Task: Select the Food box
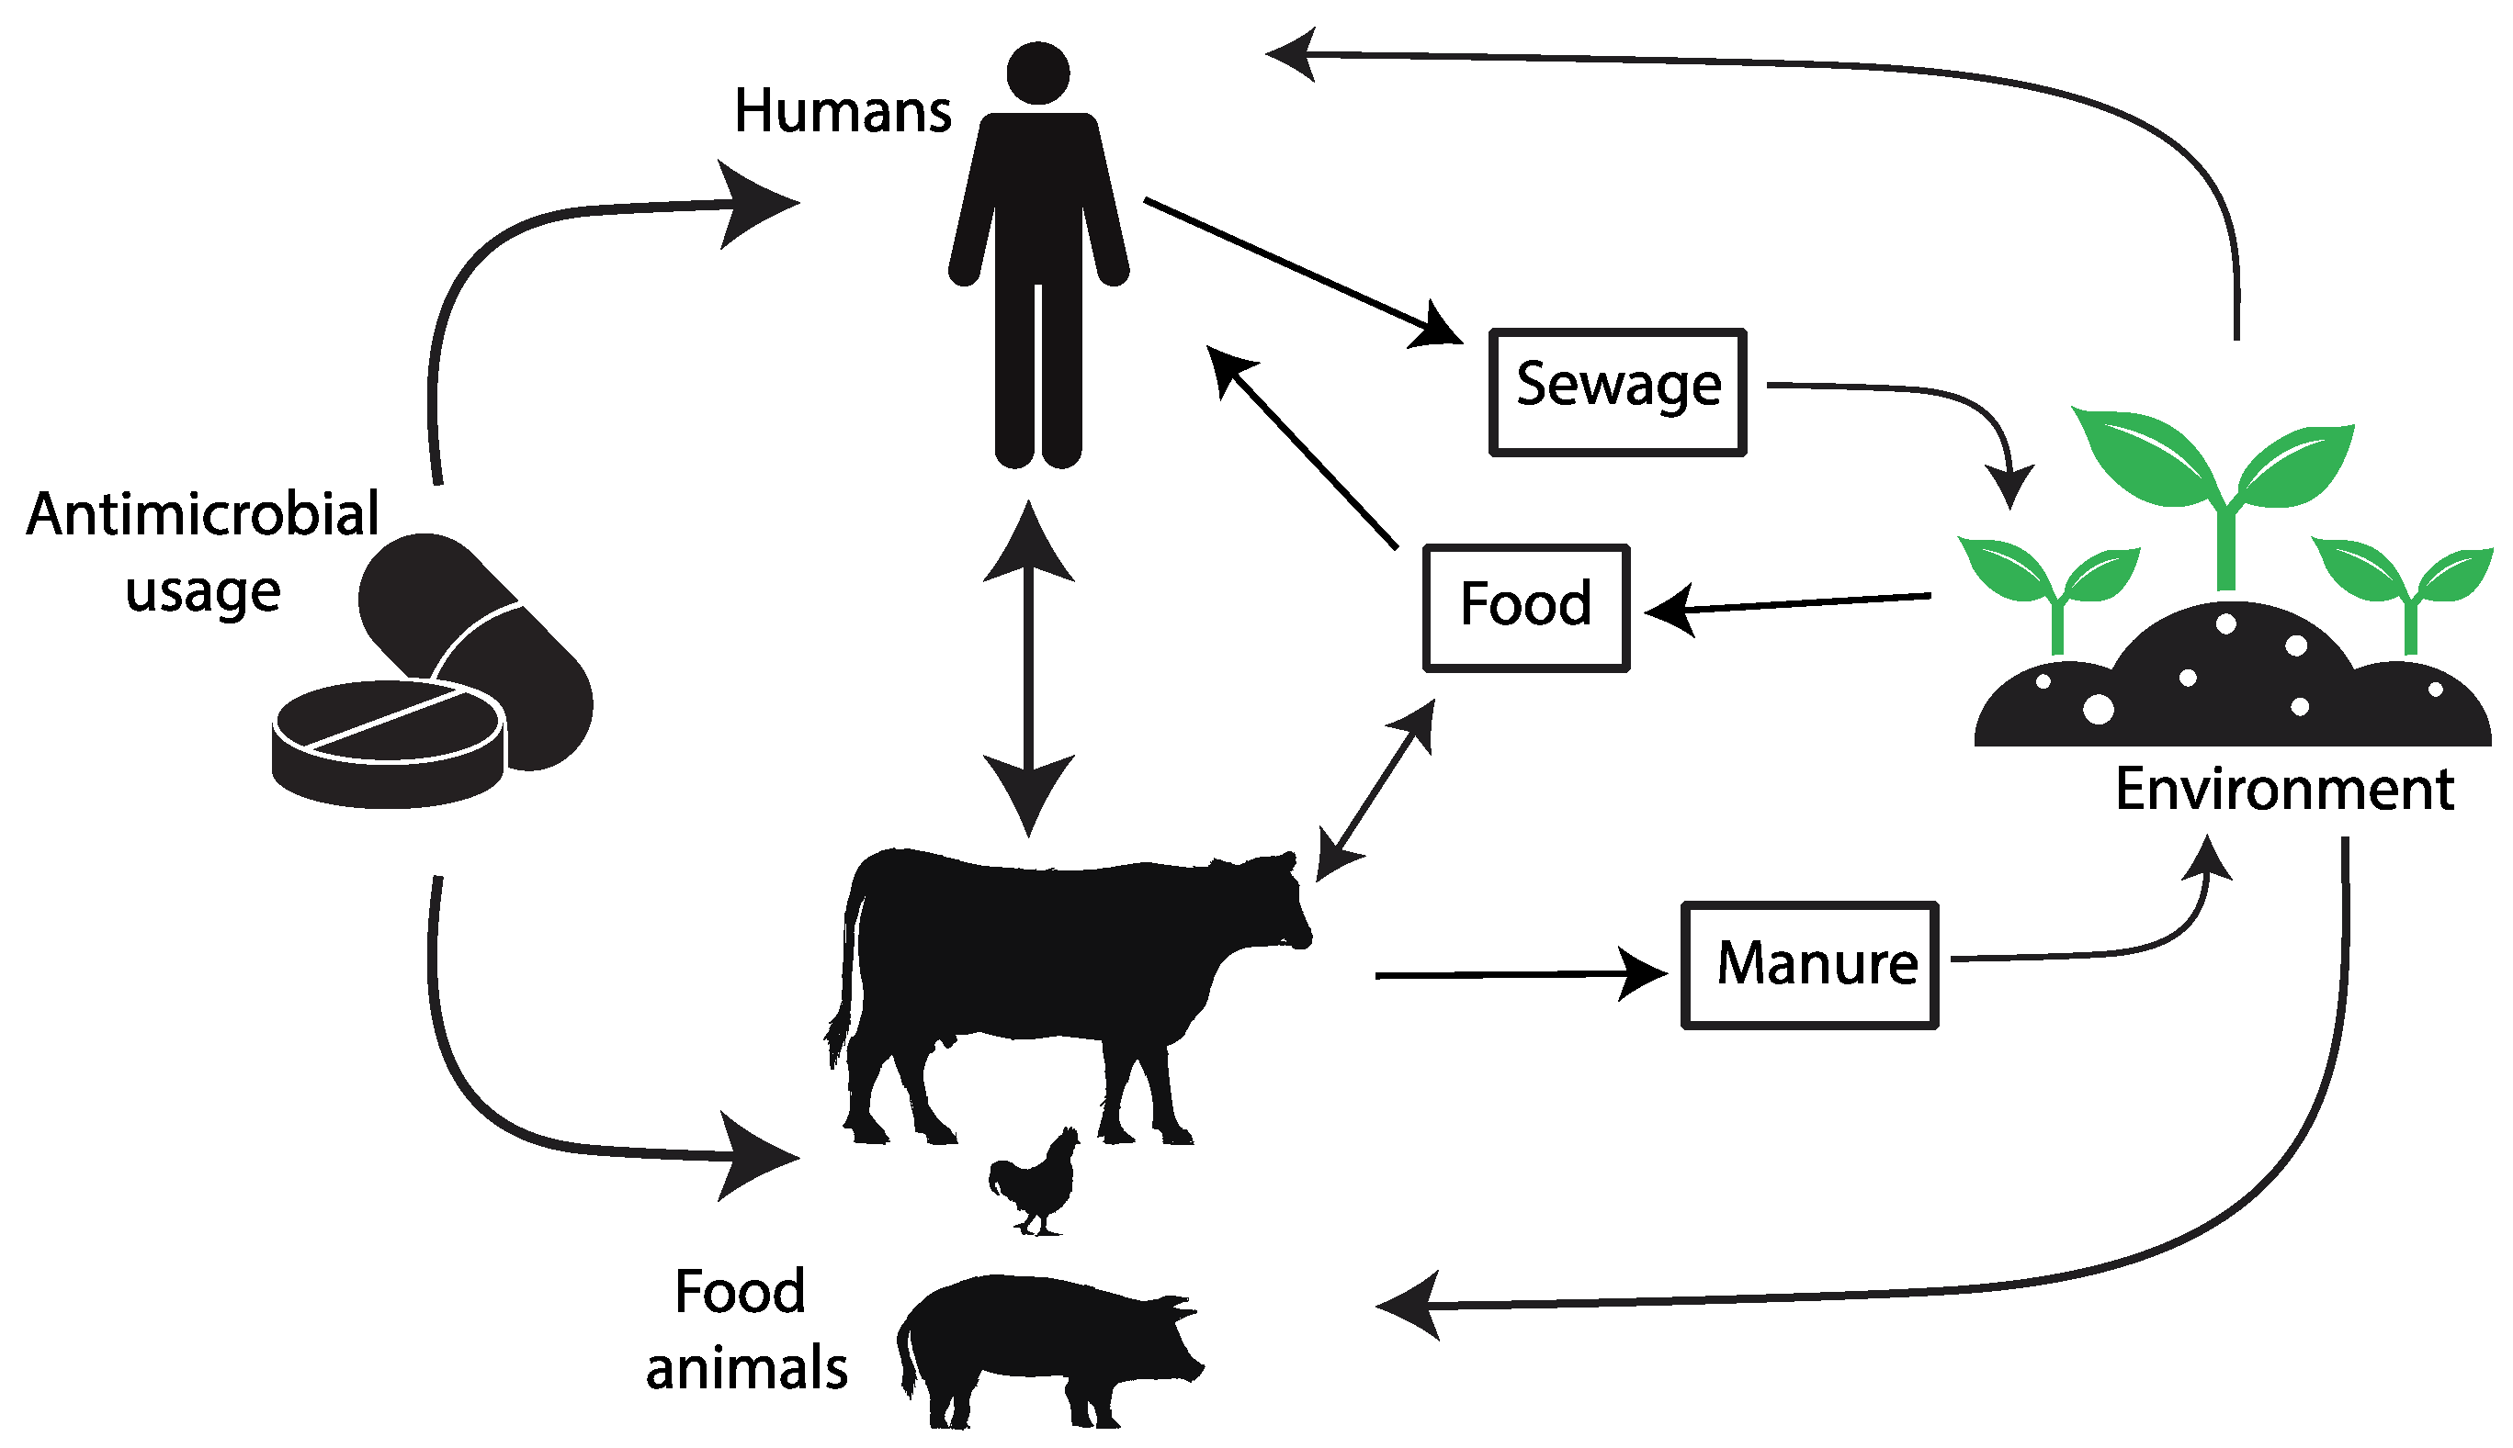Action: pyautogui.click(x=1525, y=608)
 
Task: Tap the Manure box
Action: pyautogui.click(x=1808, y=965)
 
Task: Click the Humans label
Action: pyautogui.click(x=842, y=110)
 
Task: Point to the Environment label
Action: pyautogui.click(x=2284, y=790)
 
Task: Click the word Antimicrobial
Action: pyautogui.click(x=203, y=514)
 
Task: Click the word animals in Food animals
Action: pyautogui.click(x=746, y=1368)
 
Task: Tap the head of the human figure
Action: pyautogui.click(x=1037, y=73)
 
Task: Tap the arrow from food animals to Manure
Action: pyautogui.click(x=1512, y=974)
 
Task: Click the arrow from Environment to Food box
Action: pyautogui.click(x=1791, y=603)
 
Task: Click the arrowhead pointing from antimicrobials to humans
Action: pyautogui.click(x=756, y=204)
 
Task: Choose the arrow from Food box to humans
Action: pyautogui.click(x=1303, y=447)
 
